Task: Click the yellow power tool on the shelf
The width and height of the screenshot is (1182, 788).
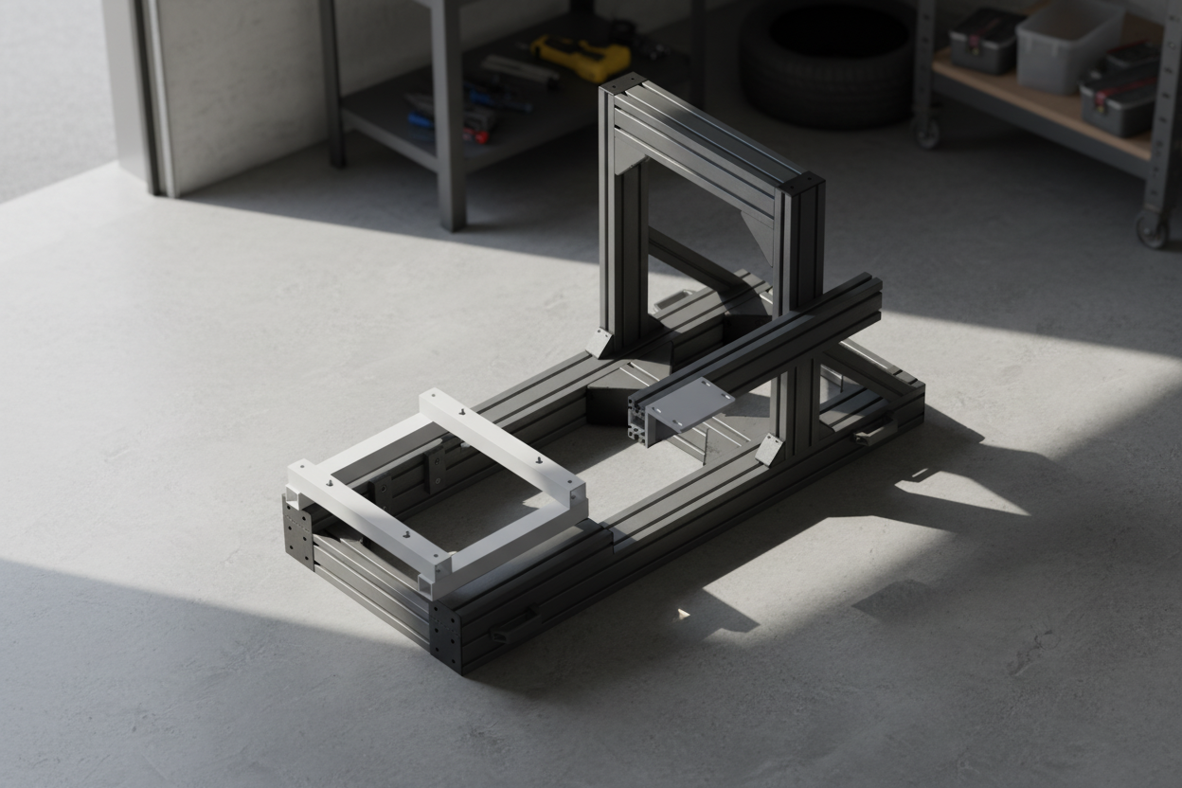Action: point(580,57)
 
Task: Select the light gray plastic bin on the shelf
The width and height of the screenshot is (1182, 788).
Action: point(1068,45)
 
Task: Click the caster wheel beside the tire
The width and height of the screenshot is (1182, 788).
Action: point(927,132)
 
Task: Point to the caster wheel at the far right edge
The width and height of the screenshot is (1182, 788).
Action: point(1151,229)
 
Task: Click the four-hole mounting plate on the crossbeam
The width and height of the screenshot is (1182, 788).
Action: point(689,405)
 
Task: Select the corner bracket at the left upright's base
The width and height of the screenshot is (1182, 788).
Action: point(600,342)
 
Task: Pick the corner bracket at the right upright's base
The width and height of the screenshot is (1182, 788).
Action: point(769,449)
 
